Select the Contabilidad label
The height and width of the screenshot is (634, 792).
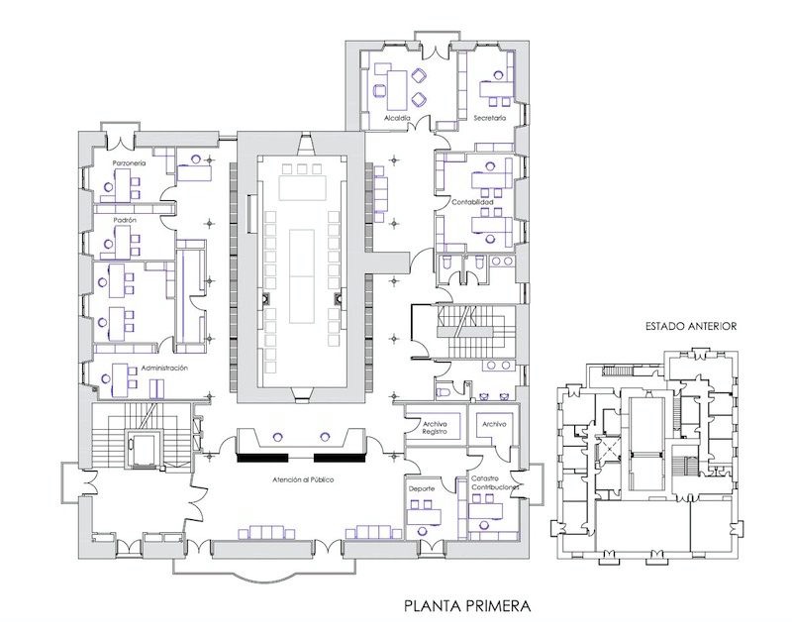pos(472,202)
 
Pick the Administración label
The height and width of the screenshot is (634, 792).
pos(164,367)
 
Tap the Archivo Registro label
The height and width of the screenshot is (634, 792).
pos(436,428)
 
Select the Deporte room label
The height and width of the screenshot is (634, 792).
pos(420,488)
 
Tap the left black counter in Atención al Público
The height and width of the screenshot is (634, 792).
pos(261,458)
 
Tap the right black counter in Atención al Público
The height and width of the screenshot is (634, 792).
pos(339,458)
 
